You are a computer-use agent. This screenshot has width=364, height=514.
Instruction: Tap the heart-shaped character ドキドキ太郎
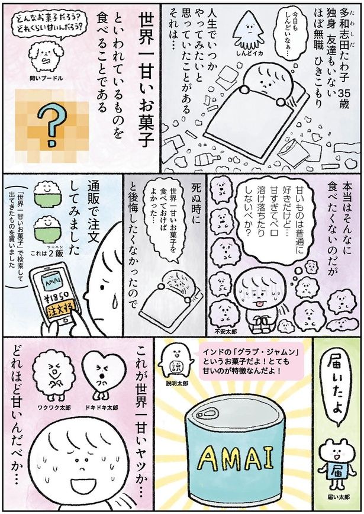(98, 373)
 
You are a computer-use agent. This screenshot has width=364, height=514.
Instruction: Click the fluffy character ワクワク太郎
(51, 374)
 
